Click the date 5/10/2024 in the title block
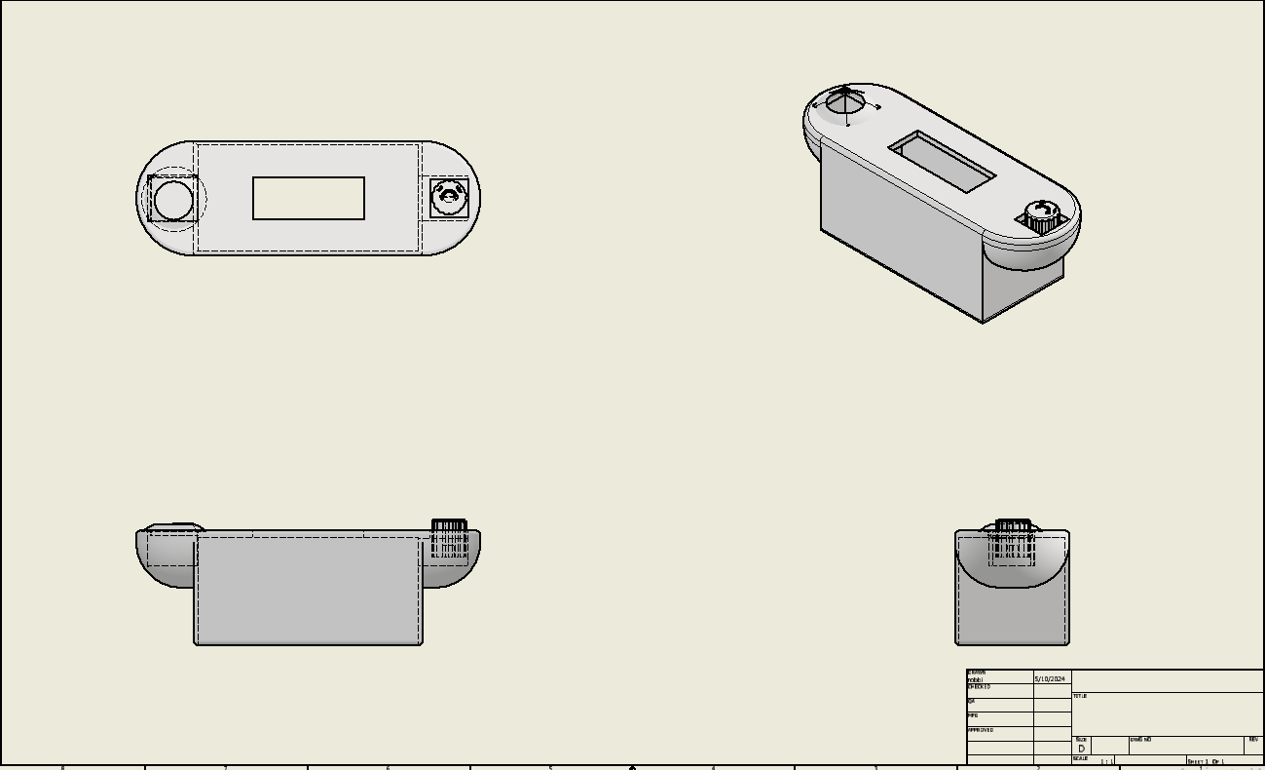point(1050,678)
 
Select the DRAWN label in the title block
point(976,673)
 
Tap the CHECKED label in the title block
point(979,687)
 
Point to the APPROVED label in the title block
point(980,730)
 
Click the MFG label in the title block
point(972,715)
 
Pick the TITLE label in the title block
point(1079,696)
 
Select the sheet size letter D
point(1081,749)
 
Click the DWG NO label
point(1140,740)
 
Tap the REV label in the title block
point(1253,740)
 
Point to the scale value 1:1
point(1106,761)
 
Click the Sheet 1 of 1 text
point(1205,761)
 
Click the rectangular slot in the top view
point(309,199)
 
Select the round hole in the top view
point(174,199)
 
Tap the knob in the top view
point(449,198)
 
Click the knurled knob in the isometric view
point(1041,218)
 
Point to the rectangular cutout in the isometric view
point(942,162)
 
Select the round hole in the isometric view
point(843,102)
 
